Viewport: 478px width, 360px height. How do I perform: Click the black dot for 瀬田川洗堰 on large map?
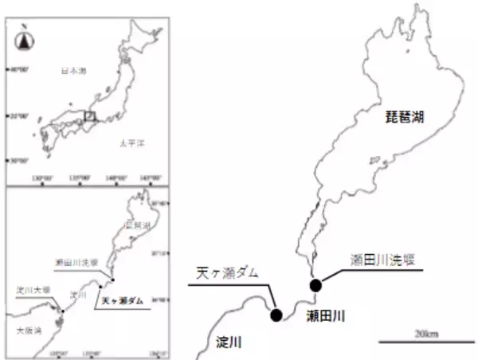pos(315,286)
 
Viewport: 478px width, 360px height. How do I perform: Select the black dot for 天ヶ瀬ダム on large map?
pos(276,315)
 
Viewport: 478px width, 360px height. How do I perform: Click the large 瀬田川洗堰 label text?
pos(382,260)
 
